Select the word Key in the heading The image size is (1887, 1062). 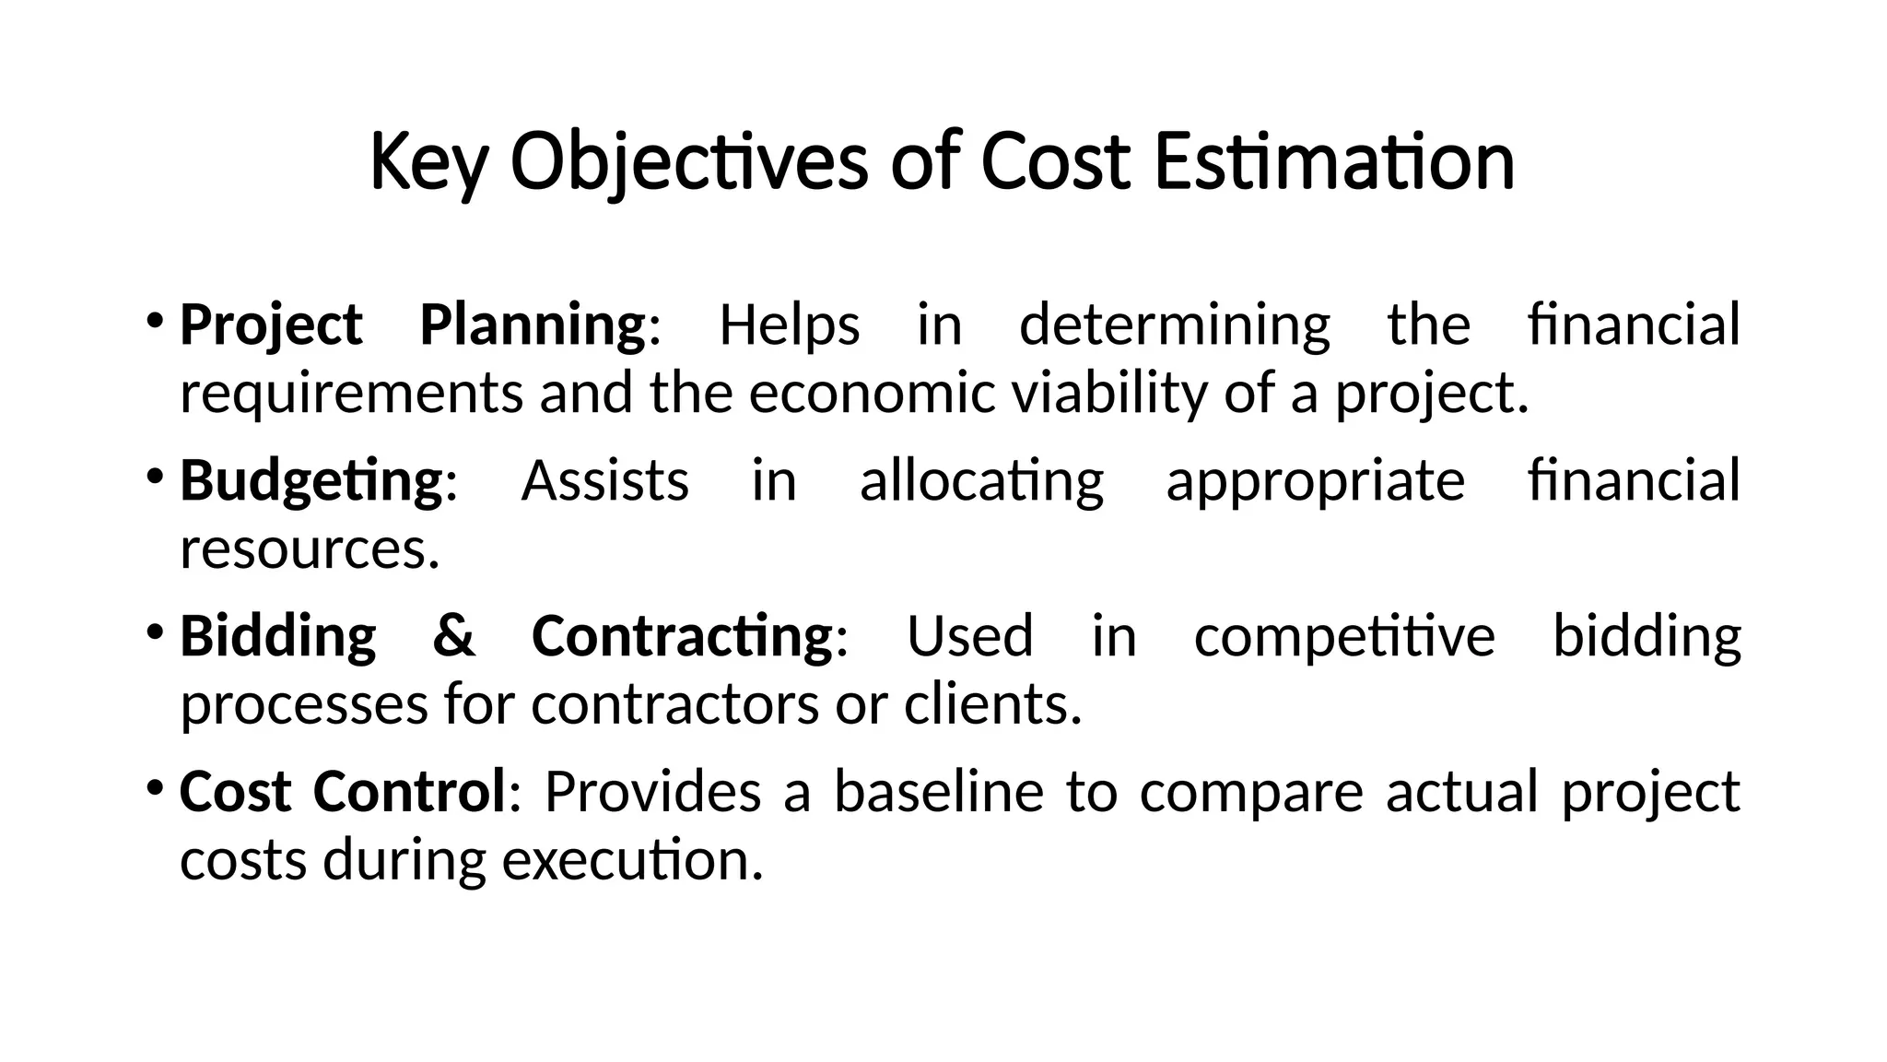pyautogui.click(x=427, y=162)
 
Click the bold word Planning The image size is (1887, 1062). pyautogui.click(x=533, y=324)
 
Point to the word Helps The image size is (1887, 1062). pyautogui.click(x=789, y=324)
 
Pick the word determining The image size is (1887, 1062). pyautogui.click(x=1175, y=324)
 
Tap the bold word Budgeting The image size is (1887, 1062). pyautogui.click(x=311, y=480)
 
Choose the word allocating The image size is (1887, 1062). pyautogui.click(x=981, y=480)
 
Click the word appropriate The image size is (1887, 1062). pyautogui.click(x=1315, y=480)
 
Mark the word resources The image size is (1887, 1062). pyautogui.click(x=310, y=549)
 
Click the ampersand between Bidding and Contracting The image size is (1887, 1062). pyautogui.click(x=453, y=635)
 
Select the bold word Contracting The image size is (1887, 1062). pyautogui.click(x=682, y=635)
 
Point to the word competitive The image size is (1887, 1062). pyautogui.click(x=1344, y=635)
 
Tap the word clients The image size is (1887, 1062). pyautogui.click(x=992, y=704)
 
